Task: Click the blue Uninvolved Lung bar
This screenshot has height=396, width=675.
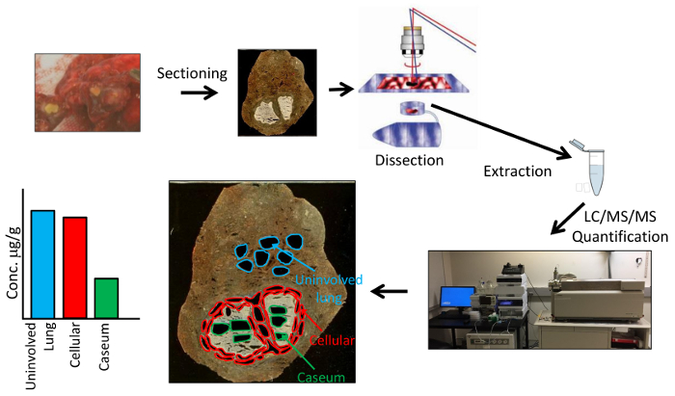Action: (42, 263)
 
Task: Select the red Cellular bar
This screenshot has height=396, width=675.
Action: (75, 267)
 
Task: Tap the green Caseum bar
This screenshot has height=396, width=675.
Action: (107, 298)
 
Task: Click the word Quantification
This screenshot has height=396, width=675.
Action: (619, 234)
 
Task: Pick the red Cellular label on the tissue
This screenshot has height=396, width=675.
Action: (334, 341)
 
